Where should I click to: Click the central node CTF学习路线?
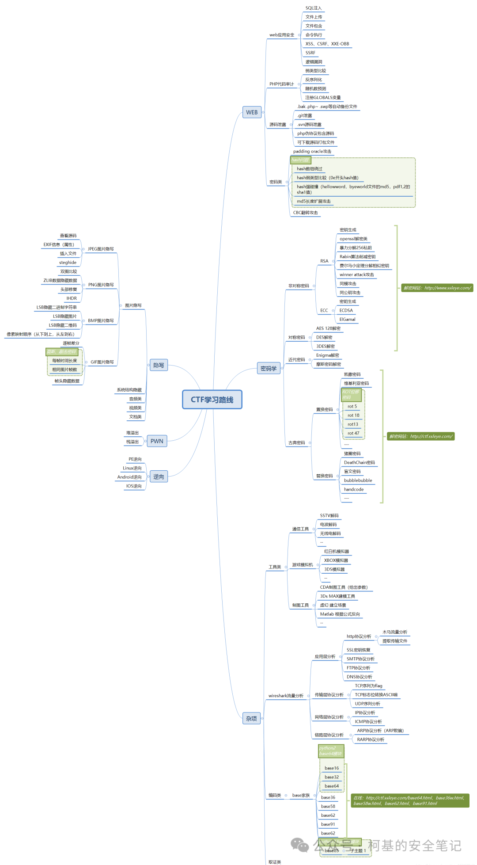[212, 400]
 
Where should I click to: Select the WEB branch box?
[252, 112]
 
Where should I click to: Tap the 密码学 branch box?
[269, 368]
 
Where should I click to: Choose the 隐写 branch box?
[159, 365]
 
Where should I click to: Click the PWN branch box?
[157, 441]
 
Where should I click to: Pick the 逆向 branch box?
[159, 476]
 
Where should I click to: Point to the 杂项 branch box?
[251, 719]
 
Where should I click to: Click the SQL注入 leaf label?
[314, 8]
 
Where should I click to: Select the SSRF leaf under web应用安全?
[310, 53]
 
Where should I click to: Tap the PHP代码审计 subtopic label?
[281, 84]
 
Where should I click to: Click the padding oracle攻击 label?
[312, 151]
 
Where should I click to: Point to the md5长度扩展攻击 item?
[314, 201]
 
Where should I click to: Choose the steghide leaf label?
[68, 263]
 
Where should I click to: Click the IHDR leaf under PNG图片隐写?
[72, 298]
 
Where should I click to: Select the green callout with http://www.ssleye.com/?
[437, 288]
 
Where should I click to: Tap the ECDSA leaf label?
[346, 310]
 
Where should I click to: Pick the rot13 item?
[352, 424]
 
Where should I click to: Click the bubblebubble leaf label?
[358, 480]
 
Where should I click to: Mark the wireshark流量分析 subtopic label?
[286, 696]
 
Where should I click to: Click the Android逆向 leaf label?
[129, 477]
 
